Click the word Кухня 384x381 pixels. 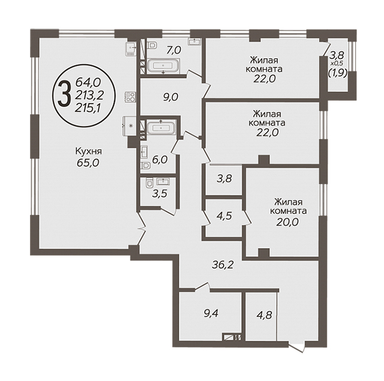tap(88, 151)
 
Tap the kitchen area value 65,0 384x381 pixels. tap(88, 163)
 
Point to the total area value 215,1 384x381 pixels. tap(88, 107)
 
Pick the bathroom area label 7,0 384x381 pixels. tap(173, 50)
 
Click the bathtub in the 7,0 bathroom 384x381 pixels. tap(163, 65)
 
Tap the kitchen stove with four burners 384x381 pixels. tap(130, 97)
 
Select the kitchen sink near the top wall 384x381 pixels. tap(131, 48)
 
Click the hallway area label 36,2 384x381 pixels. tap(223, 265)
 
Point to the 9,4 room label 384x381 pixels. tap(211, 313)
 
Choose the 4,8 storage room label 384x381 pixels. tap(264, 315)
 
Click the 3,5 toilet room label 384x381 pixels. tap(160, 194)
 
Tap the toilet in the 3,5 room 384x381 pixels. tap(149, 183)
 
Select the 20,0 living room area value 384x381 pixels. tap(287, 222)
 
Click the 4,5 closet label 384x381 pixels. tap(224, 216)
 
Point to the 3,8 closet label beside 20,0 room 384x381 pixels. tap(224, 179)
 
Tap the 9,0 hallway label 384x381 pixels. tap(170, 97)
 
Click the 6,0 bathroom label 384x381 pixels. tap(160, 160)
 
